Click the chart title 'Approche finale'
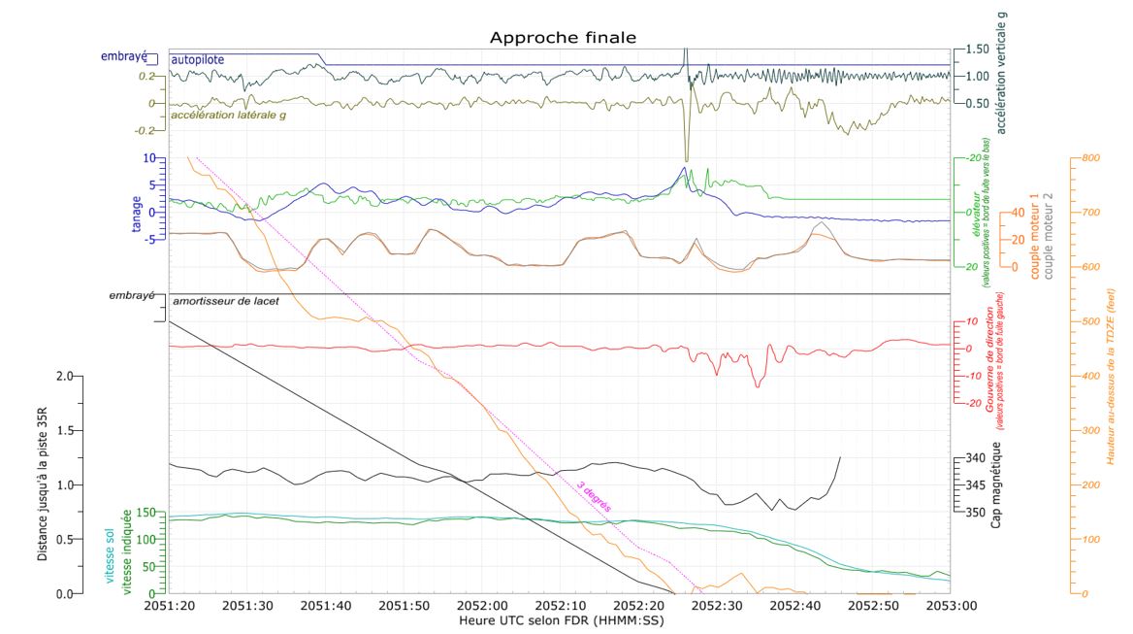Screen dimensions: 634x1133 (x=563, y=38)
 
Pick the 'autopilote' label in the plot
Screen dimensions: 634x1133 (x=198, y=60)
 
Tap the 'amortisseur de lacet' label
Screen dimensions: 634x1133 (x=226, y=302)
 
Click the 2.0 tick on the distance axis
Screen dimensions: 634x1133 (x=64, y=376)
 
